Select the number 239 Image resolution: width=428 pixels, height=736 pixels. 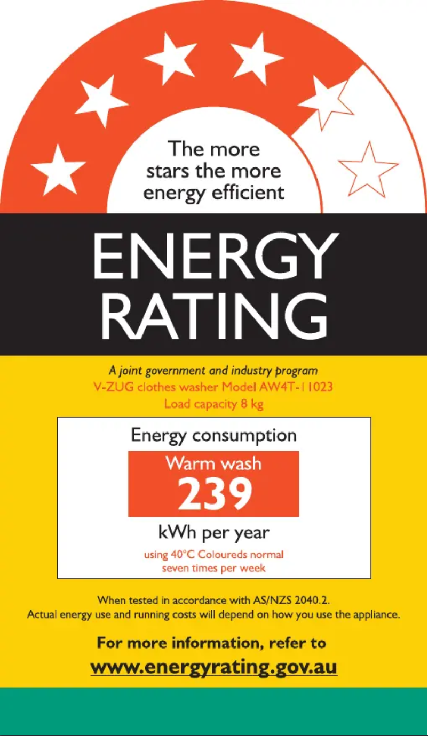pos(214,494)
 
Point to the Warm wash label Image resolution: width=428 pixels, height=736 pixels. pos(213,463)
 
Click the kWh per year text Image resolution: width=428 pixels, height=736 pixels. pos(213,532)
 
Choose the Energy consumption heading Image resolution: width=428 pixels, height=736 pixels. pos(213,435)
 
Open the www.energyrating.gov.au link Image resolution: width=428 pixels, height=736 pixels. pos(213,667)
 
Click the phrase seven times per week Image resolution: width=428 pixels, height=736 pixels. pos(213,568)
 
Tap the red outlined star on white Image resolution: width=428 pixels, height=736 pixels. pos(368,171)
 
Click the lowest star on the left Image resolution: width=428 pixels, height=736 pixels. pos(58,171)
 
